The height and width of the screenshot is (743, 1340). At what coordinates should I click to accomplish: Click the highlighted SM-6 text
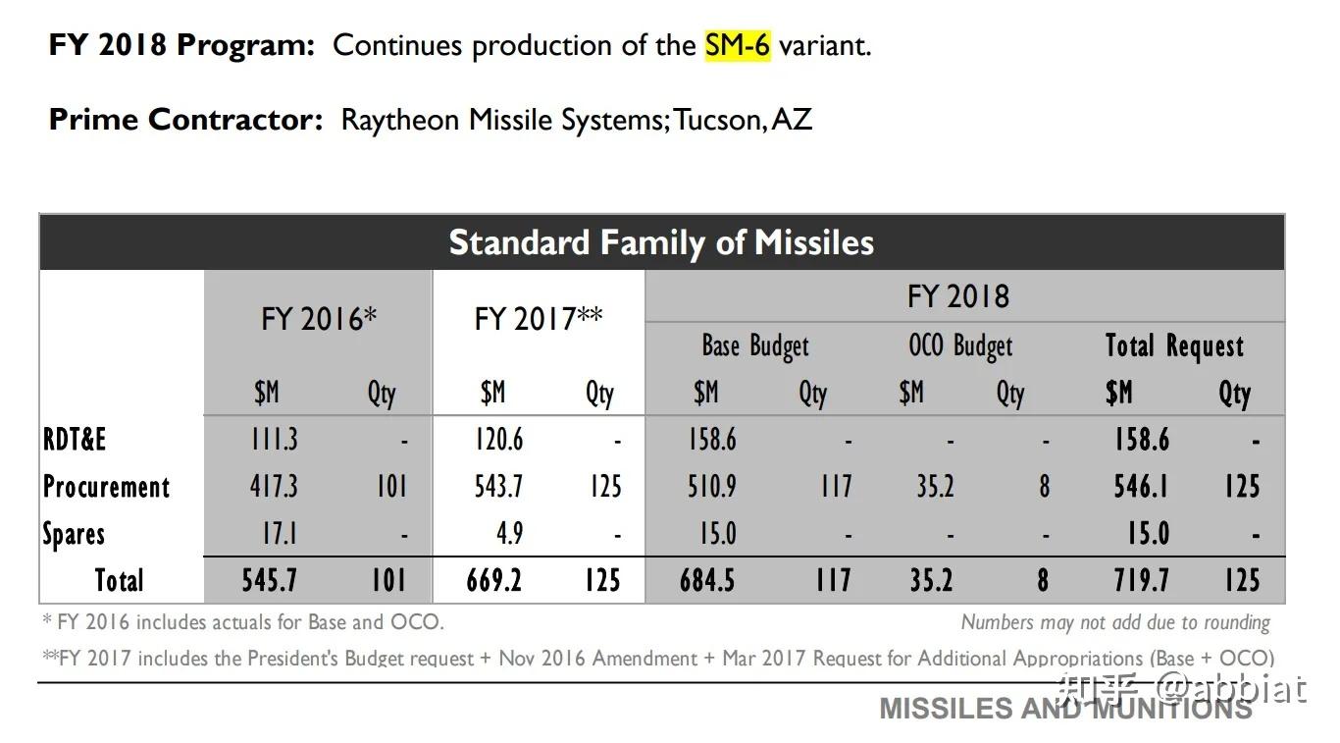(737, 45)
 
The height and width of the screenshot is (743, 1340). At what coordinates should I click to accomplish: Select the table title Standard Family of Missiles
(661, 242)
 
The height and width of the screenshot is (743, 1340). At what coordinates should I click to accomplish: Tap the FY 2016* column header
(319, 319)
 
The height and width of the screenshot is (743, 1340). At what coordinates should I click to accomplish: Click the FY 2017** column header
(539, 319)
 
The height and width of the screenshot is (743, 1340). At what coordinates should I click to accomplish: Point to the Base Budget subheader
(755, 345)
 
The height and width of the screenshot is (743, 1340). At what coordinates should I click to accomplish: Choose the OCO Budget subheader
(960, 345)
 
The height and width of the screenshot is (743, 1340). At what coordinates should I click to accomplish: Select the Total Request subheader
(1174, 345)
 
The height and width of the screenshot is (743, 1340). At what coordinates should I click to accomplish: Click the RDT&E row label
(75, 440)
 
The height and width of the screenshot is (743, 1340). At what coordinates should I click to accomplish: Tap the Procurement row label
(106, 487)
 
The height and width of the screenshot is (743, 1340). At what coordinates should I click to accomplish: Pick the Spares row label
(74, 534)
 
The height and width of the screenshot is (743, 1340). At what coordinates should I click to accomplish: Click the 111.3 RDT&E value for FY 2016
(274, 440)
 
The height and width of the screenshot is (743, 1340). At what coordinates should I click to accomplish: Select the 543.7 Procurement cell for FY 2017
(499, 487)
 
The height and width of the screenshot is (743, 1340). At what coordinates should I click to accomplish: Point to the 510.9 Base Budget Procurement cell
(712, 487)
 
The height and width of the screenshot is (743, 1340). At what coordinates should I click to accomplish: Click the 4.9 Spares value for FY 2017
(509, 534)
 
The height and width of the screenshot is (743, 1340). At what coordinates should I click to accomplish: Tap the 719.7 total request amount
(1141, 581)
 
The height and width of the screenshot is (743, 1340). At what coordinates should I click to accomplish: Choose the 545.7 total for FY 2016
(270, 581)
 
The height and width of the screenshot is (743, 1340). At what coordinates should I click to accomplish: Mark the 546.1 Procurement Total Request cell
(1141, 487)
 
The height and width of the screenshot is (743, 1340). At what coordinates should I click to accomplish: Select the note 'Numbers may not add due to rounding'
(1115, 622)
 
